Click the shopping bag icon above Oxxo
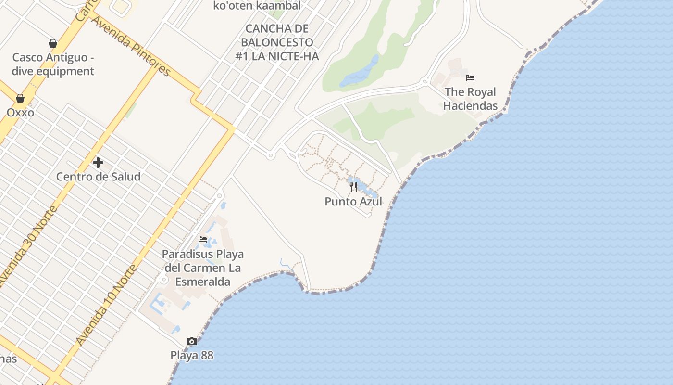point(20,98)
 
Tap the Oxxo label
point(20,113)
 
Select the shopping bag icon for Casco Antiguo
point(53,43)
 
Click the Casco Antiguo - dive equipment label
point(53,64)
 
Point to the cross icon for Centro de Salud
point(98,163)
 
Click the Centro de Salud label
point(98,177)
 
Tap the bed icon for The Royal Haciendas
point(470,77)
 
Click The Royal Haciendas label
point(470,99)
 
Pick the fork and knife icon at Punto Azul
point(353,187)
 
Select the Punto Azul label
point(353,202)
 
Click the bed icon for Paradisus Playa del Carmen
point(203,239)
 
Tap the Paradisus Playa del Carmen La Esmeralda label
point(202,268)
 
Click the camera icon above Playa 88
point(192,342)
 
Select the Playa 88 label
point(192,356)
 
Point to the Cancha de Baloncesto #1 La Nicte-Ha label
point(277,42)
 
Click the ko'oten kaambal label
point(257,6)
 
